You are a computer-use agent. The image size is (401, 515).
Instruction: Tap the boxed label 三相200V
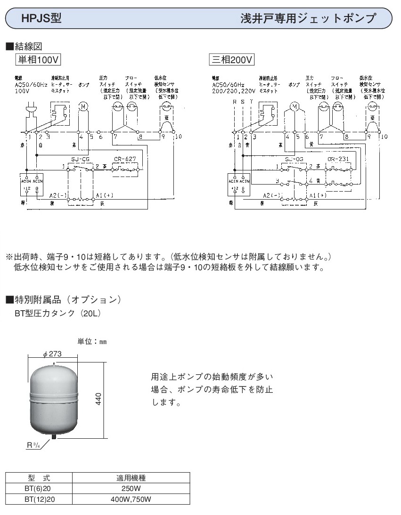pos(232,60)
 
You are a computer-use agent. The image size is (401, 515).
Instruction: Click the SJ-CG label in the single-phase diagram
pos(80,159)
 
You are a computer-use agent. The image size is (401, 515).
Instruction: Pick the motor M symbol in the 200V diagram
pos(294,107)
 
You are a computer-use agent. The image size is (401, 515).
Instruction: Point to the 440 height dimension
pos(112,400)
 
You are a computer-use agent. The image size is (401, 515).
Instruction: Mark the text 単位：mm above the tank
pos(92,341)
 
